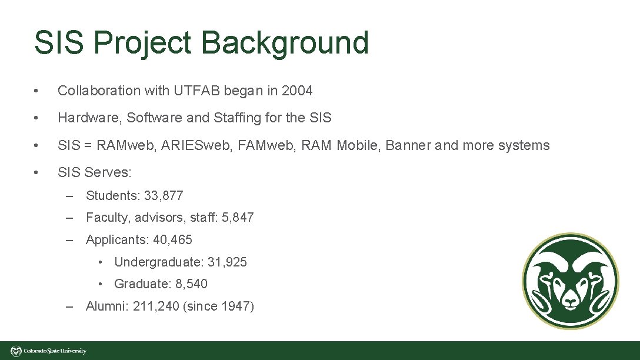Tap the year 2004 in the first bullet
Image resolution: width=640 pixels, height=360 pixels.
coord(297,91)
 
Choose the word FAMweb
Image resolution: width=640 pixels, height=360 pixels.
coord(267,145)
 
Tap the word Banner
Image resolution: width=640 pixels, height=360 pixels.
coord(406,145)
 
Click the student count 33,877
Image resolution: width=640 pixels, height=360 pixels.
coord(164,195)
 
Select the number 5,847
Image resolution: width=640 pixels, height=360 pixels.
coord(238,218)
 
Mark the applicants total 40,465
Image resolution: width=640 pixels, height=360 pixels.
coord(172,240)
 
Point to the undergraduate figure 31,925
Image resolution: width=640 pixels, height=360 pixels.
coord(227,262)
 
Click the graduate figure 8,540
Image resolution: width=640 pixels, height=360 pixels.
coord(191,284)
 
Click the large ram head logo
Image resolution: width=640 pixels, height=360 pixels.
coord(570,281)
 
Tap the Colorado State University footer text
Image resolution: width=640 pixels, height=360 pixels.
coord(55,351)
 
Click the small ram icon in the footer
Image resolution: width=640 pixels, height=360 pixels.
coord(16,351)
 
